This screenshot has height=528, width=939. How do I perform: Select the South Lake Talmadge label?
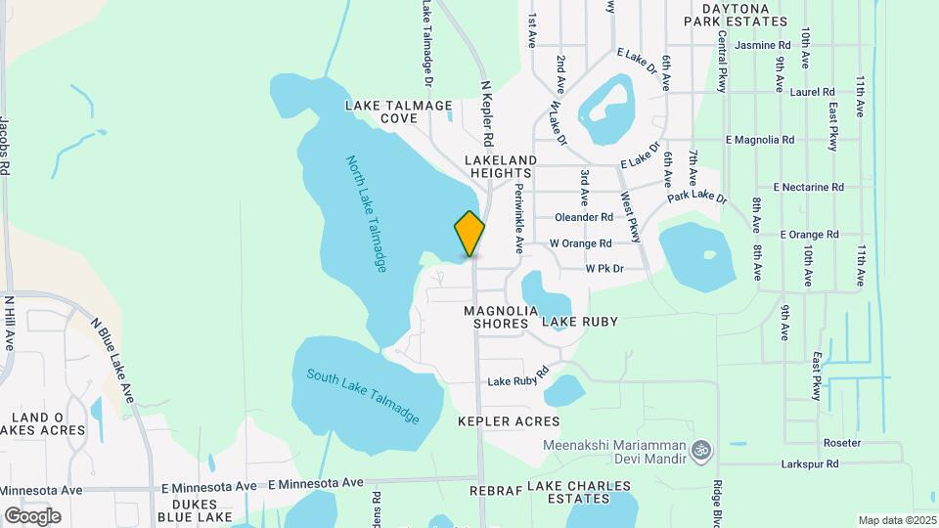pyautogui.click(x=363, y=395)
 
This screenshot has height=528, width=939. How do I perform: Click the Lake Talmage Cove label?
pyautogui.click(x=398, y=111)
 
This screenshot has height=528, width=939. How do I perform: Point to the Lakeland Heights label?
pyautogui.click(x=502, y=165)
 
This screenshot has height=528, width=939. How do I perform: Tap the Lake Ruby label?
pyautogui.click(x=580, y=322)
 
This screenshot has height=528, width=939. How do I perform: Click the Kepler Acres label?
pyautogui.click(x=509, y=421)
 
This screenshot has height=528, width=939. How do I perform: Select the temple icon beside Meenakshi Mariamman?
pyautogui.click(x=699, y=451)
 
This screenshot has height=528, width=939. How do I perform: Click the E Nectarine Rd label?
pyautogui.click(x=808, y=187)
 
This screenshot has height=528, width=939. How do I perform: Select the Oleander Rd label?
pyautogui.click(x=583, y=217)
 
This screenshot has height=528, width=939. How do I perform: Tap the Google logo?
pyautogui.click(x=32, y=515)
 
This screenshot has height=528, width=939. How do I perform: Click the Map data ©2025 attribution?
pyautogui.click(x=896, y=520)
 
